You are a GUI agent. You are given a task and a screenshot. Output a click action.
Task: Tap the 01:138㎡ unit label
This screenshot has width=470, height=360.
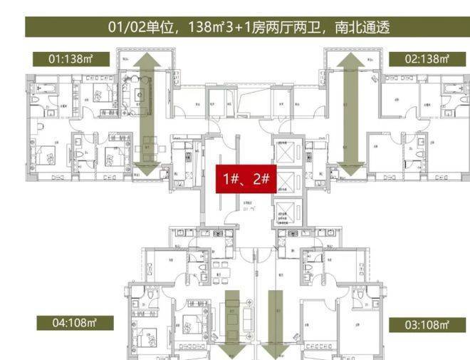click(72, 59)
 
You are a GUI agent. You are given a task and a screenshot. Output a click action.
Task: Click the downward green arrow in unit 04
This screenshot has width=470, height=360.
click(231, 324)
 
